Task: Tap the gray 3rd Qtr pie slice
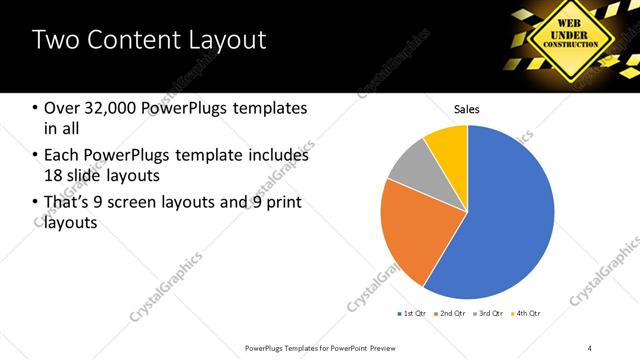coord(411,172)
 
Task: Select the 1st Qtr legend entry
coord(411,314)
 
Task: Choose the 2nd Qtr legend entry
coord(450,314)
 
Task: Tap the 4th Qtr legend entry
coord(526,314)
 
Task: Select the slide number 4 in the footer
coord(590,347)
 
